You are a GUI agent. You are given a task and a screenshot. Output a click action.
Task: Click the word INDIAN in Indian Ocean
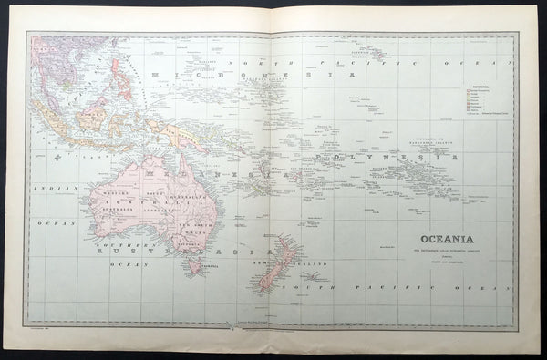(x=44, y=190)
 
